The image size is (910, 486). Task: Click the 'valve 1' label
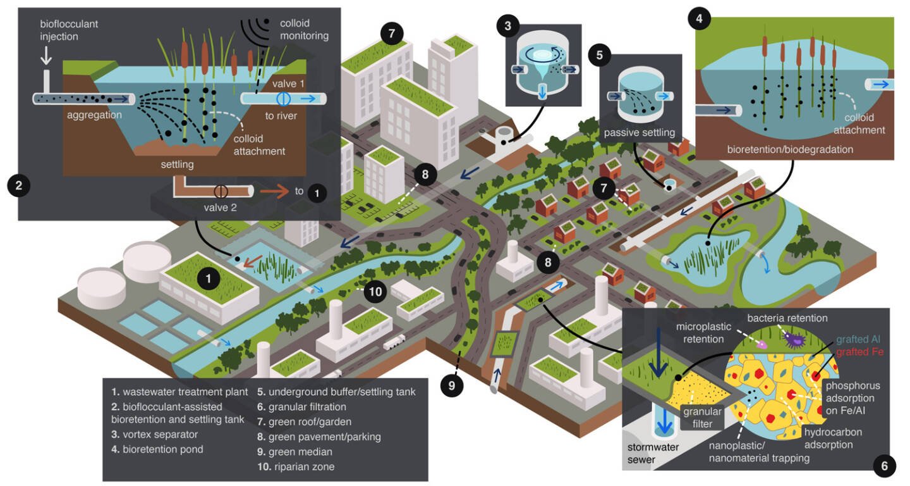coord(288,84)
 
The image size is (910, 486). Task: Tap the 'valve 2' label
coord(220,208)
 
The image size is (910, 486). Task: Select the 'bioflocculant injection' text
coord(69,30)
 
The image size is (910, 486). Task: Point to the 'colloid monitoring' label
coord(304,29)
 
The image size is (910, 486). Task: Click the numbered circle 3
coord(508,26)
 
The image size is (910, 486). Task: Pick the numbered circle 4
coord(699,19)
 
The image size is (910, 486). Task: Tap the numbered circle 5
coord(600,55)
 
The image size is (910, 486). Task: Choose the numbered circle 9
coord(452,385)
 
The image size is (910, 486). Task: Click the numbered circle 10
coord(375,291)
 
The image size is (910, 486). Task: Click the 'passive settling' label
coord(639,133)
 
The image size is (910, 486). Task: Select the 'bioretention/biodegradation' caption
coord(790,149)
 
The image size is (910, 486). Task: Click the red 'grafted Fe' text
coord(859,352)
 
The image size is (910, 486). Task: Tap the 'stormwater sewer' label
coord(653,453)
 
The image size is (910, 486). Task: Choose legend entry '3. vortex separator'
coord(154,434)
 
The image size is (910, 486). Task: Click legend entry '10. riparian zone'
coord(296,466)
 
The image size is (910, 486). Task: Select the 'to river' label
coord(281,116)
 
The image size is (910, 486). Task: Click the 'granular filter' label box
coord(702,417)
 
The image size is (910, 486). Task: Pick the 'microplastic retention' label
coord(703,333)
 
